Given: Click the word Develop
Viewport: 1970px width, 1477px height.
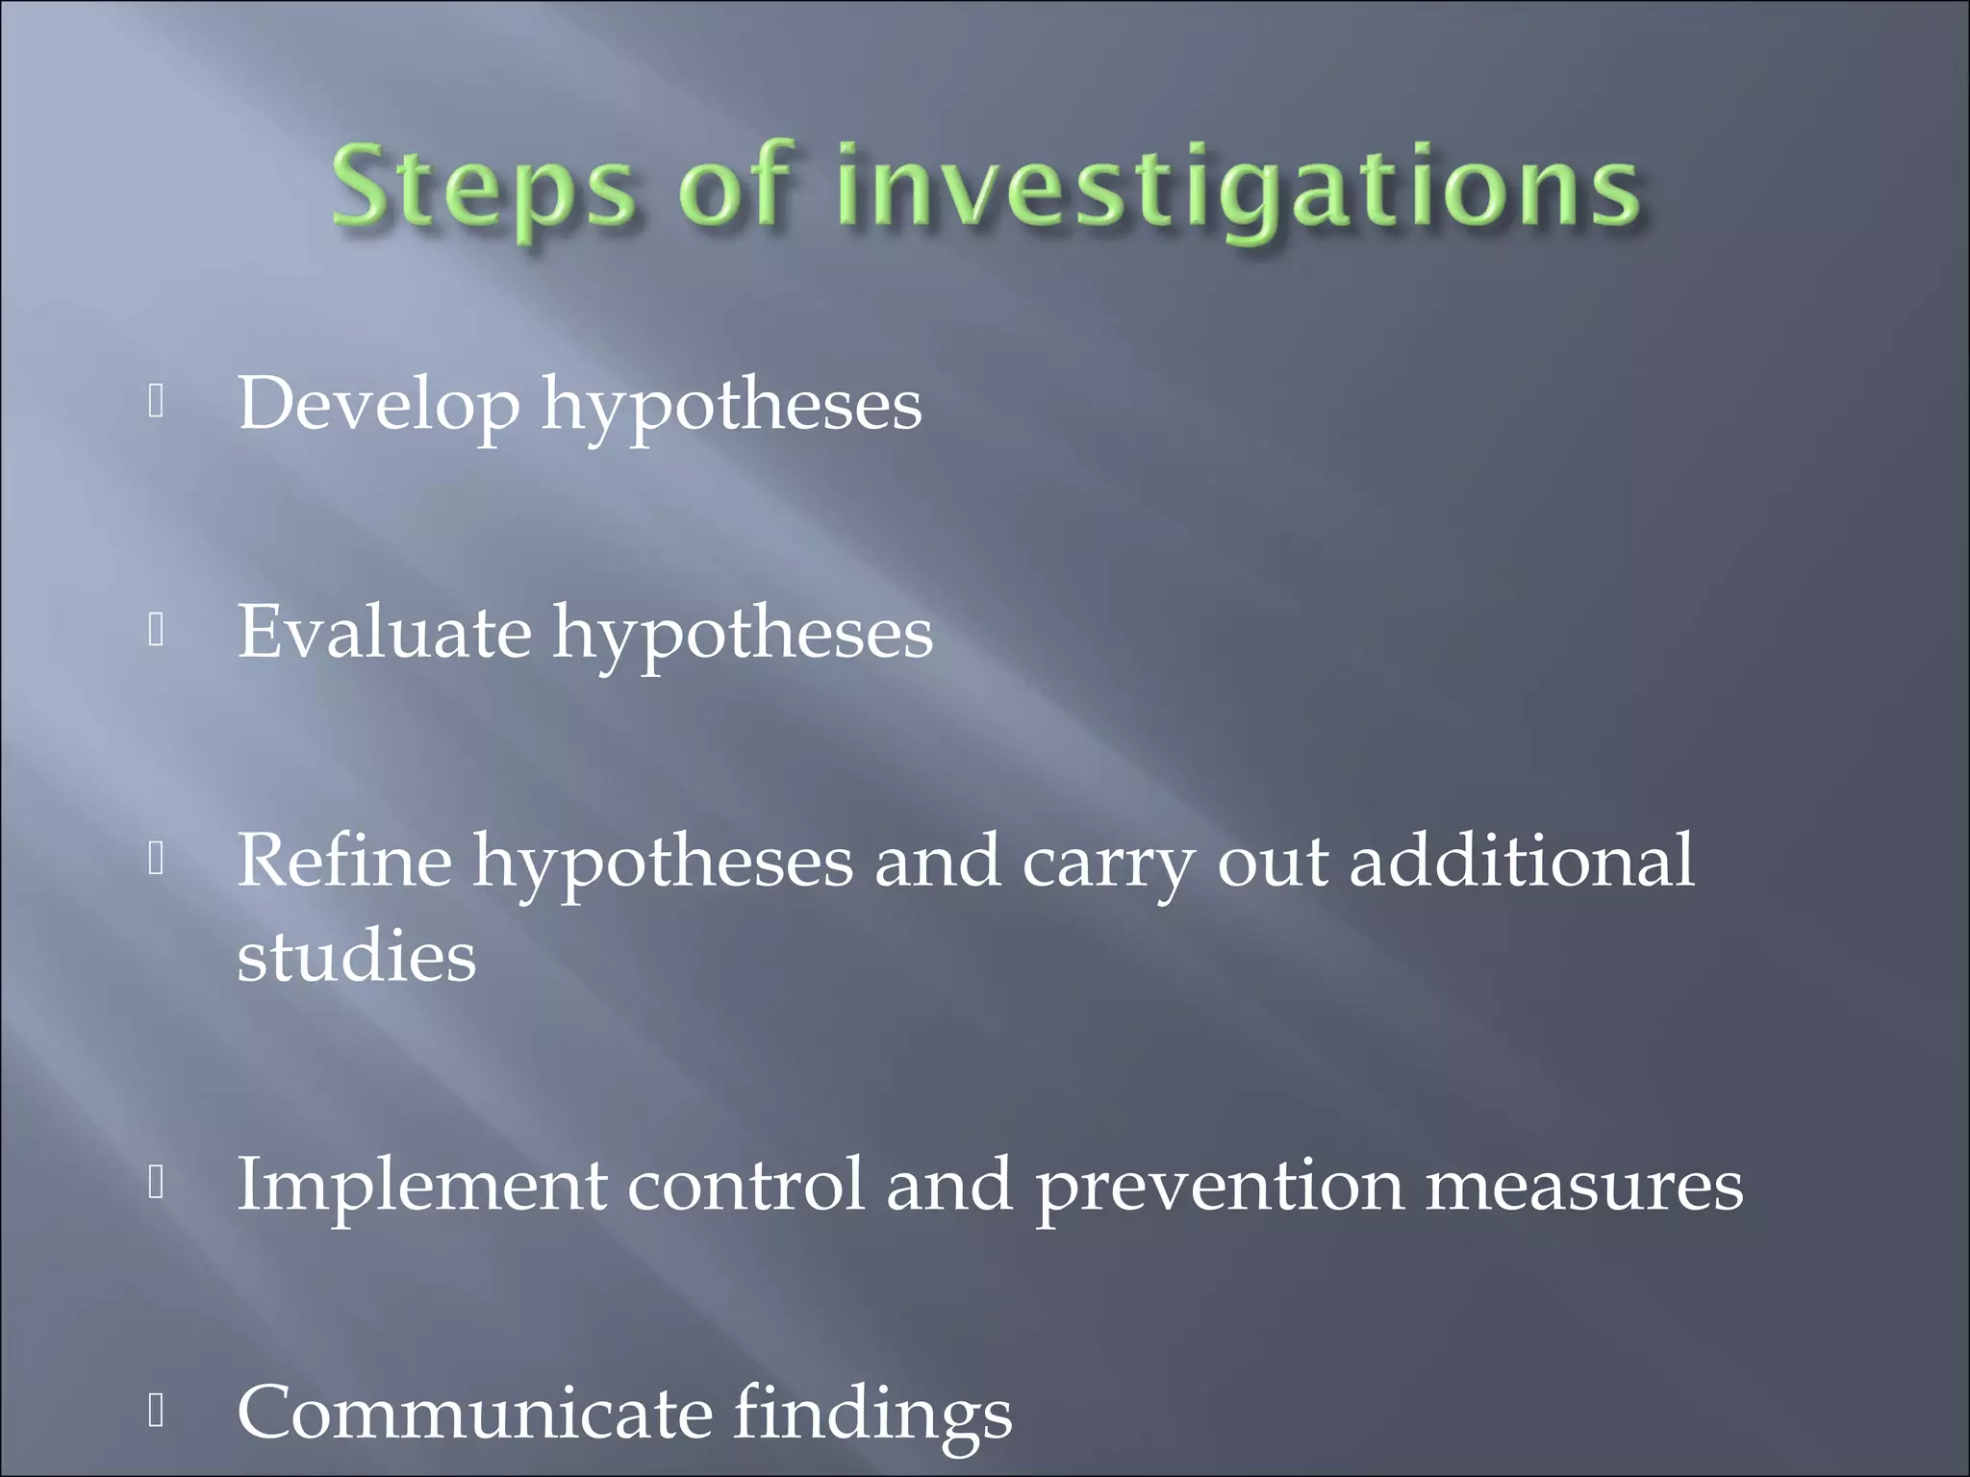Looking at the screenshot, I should pos(378,405).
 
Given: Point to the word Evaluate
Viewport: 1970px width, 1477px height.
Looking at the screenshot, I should pos(384,633).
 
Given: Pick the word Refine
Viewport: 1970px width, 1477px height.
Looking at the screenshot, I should pos(343,861).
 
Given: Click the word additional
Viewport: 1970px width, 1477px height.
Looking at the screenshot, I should pos(1521,861).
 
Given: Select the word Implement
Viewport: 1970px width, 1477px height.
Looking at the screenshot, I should pos(421,1186).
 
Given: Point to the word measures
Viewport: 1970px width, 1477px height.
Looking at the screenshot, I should pos(1583,1186).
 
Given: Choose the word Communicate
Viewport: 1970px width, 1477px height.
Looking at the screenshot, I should pos(474,1413).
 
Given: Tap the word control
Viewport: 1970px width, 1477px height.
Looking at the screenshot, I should pos(745,1185).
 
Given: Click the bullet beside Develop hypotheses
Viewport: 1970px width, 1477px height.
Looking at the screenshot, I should pos(157,403).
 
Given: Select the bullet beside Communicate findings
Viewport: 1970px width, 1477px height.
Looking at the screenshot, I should pos(157,1411).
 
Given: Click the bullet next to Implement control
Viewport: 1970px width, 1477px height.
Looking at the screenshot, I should pos(157,1184).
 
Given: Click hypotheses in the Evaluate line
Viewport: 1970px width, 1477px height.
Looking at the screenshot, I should pos(742,635).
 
